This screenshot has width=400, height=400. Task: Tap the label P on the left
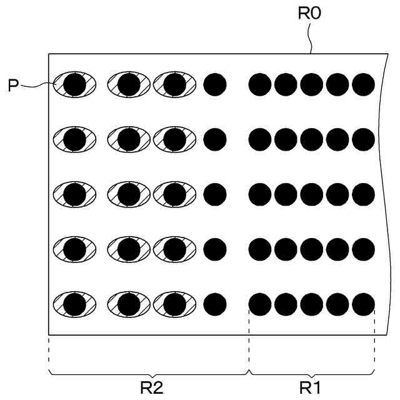(13, 86)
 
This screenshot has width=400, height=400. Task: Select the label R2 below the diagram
(151, 388)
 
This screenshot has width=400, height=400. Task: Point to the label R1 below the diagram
(311, 388)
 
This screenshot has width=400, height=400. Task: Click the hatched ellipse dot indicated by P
(74, 84)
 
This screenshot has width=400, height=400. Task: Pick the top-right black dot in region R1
(363, 84)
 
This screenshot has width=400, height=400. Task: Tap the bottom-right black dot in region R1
(363, 304)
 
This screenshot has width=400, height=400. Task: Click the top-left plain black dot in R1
(260, 84)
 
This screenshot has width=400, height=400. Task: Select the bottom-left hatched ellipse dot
(74, 304)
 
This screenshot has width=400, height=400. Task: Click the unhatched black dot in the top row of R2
(214, 84)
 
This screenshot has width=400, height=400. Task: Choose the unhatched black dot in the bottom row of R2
(214, 304)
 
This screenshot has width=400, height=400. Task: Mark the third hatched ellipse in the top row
(174, 84)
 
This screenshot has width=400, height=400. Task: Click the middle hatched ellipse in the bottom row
(128, 304)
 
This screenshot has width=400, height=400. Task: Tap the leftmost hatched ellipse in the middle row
(74, 194)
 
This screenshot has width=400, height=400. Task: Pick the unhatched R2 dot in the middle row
(214, 194)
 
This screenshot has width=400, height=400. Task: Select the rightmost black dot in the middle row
(363, 194)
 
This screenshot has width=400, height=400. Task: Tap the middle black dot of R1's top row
(311, 84)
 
